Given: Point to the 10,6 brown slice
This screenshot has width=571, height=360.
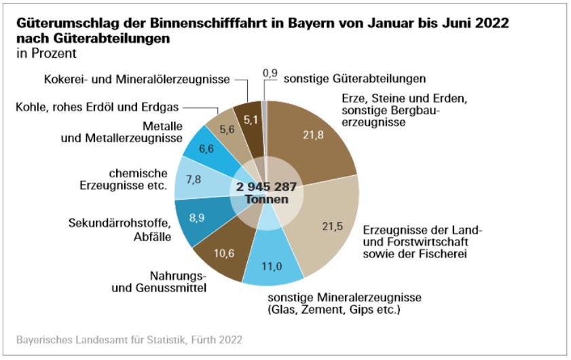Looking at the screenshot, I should coord(221,253).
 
